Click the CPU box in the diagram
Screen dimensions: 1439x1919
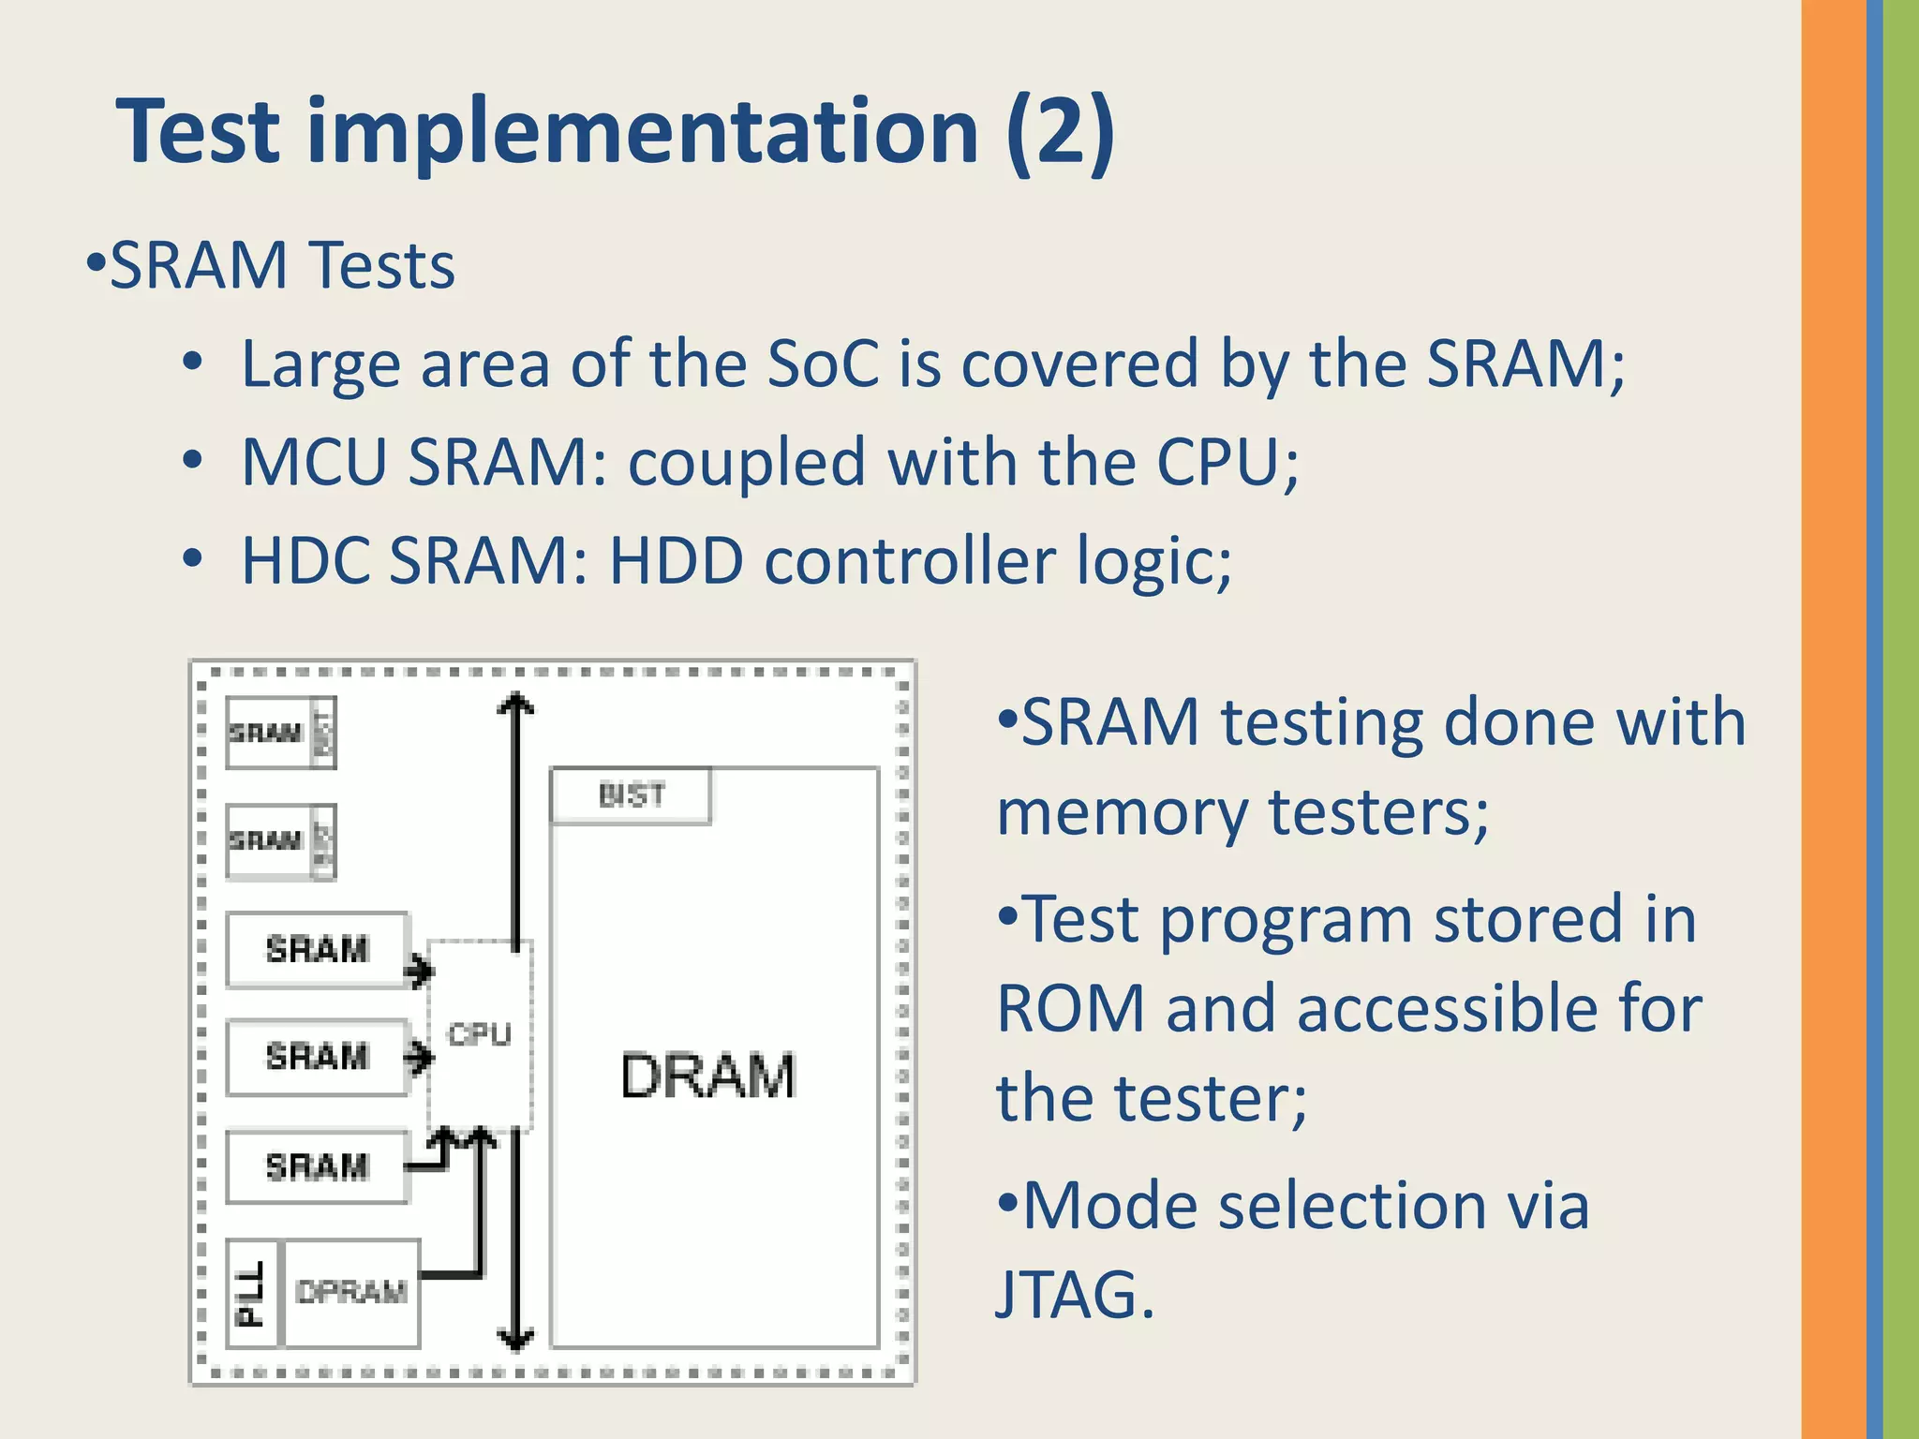pos(480,1034)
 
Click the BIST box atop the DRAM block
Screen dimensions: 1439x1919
pos(632,795)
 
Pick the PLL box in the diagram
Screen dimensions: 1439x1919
pos(252,1294)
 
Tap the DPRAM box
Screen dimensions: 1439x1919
pos(351,1293)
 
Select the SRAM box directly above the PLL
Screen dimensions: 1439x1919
pos(317,1166)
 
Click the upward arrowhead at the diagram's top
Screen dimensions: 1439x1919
pos(514,704)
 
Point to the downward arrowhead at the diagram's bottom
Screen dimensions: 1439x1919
pos(514,1339)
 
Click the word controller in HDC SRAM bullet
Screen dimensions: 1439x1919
pos(910,561)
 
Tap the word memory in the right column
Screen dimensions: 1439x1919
pos(1122,812)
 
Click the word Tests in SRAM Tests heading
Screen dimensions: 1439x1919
pos(381,266)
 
